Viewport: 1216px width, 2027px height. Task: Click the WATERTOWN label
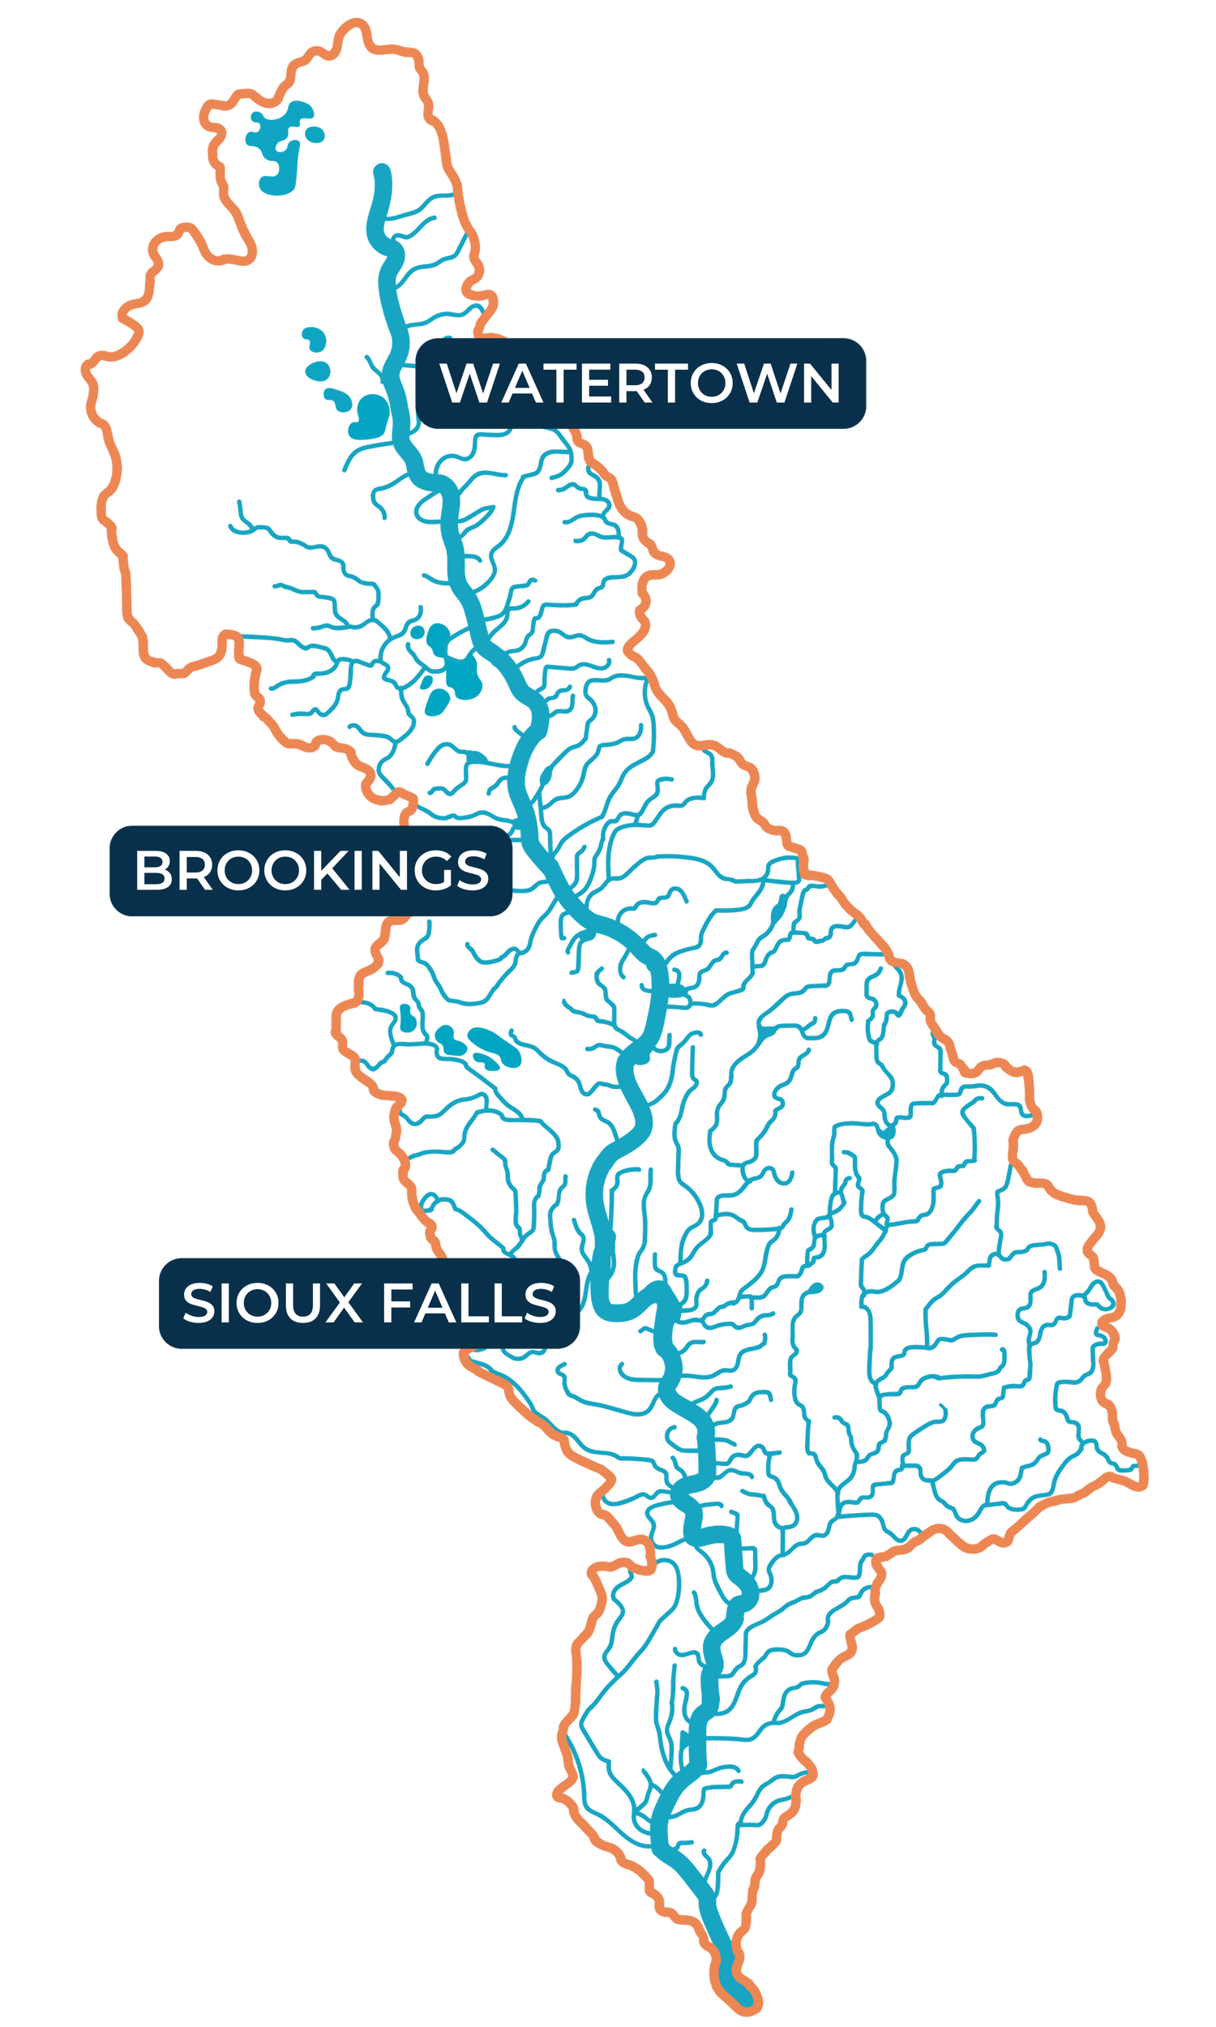coord(640,383)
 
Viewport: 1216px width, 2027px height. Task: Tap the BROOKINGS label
coord(310,870)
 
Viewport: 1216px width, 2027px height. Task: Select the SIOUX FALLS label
coord(369,1303)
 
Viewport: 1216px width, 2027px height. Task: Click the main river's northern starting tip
coord(382,171)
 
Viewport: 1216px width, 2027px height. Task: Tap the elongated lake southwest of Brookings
coord(495,1046)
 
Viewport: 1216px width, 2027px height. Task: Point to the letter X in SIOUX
coord(344,1303)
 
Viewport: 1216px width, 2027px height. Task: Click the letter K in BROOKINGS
coord(331,870)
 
